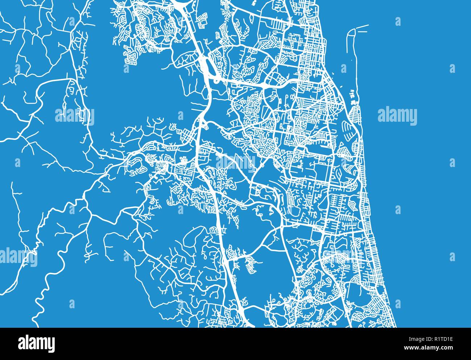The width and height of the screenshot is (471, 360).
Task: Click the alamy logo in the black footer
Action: pos(37,342)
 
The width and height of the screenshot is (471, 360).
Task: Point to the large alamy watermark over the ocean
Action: pos(397,116)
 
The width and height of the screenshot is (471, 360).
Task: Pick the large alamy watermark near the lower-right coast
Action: pos(342,255)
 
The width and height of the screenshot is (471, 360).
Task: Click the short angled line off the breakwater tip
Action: pos(362,26)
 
